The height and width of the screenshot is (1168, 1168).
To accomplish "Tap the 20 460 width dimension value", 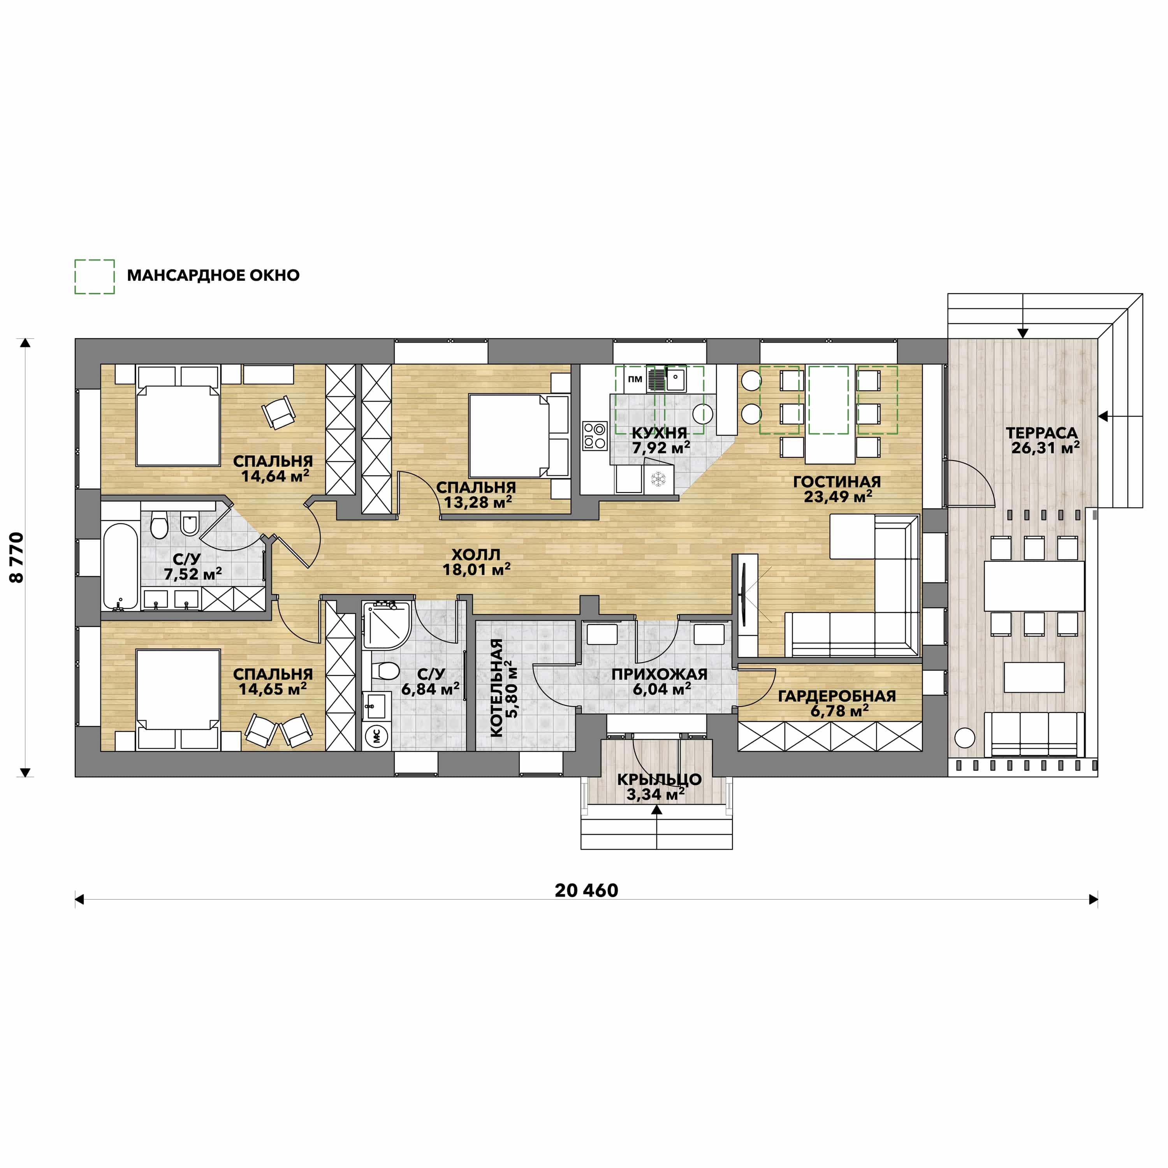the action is [586, 890].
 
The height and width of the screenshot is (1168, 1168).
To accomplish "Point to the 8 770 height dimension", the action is [17, 558].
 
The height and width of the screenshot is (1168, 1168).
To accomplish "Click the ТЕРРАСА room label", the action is [1041, 433].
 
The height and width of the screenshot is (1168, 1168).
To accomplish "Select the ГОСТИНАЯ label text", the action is [837, 482].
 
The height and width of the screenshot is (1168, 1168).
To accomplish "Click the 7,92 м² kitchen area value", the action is [661, 448].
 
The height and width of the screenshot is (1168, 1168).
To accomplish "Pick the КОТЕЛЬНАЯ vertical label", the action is [496, 688].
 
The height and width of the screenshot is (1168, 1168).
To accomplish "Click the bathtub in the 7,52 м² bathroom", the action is [121, 566].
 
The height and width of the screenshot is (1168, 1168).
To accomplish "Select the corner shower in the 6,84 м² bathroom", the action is [387, 625].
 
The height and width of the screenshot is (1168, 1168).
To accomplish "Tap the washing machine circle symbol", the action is [376, 736].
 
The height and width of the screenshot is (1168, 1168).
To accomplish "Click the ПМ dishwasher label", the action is [635, 379].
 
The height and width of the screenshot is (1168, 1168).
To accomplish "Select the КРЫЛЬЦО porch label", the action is [659, 779].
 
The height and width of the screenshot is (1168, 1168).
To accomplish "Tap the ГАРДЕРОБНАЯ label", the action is [837, 696].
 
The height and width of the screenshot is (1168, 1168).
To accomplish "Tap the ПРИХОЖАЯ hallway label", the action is [659, 674].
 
